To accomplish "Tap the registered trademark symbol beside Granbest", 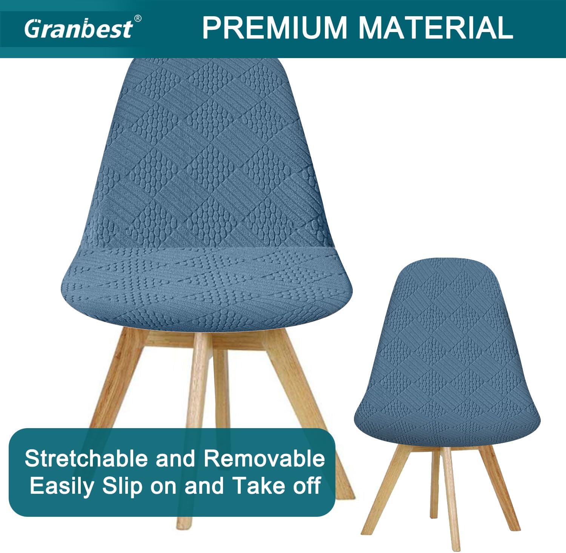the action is coord(138,18).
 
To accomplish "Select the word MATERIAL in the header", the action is coord(436,28).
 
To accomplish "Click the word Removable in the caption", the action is coord(265,459).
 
